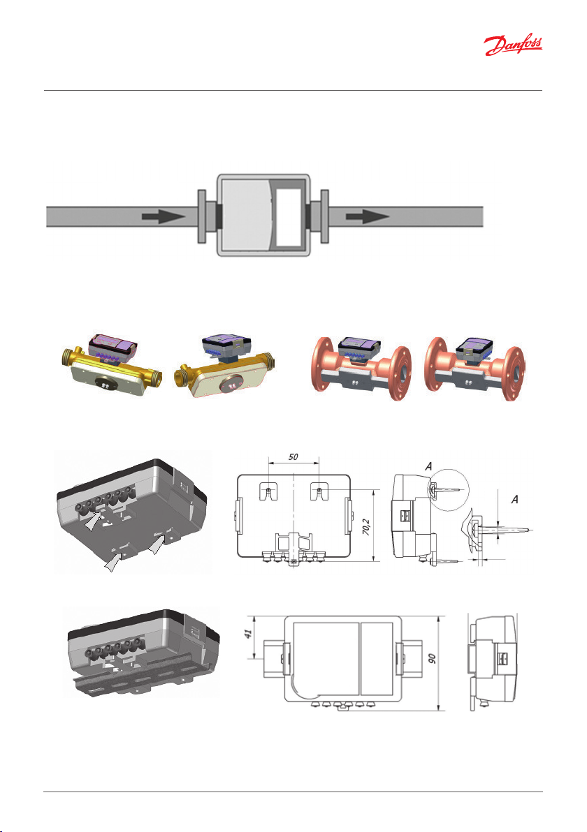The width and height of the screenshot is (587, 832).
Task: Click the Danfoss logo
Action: pyautogui.click(x=513, y=45)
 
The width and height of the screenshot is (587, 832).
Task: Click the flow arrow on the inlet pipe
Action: pyautogui.click(x=164, y=216)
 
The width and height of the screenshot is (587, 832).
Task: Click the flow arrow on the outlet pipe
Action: pyautogui.click(x=368, y=216)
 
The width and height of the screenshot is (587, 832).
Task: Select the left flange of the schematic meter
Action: pyautogui.click(x=202, y=216)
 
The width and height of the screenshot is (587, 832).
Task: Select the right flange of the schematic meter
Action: pyautogui.click(x=324, y=216)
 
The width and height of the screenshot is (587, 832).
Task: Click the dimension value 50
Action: pyautogui.click(x=293, y=456)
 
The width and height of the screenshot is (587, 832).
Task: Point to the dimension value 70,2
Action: pyautogui.click(x=367, y=527)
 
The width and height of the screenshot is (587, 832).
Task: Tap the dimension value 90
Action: pyautogui.click(x=433, y=658)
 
